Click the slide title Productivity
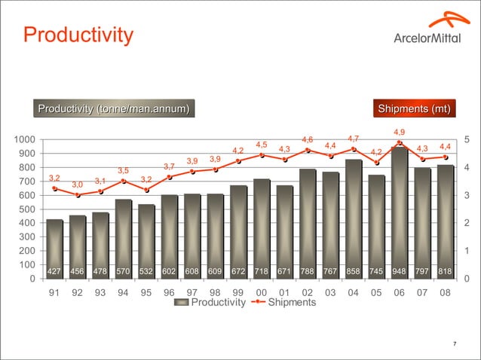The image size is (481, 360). [x=78, y=35]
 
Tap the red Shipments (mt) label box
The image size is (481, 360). [x=415, y=109]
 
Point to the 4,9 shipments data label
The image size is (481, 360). [x=399, y=133]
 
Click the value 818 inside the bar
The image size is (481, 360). [x=446, y=271]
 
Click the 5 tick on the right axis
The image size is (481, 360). [x=467, y=139]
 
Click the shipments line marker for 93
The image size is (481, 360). [x=100, y=191]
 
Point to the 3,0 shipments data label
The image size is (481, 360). [x=78, y=185]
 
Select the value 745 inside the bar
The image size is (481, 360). [x=376, y=271]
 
